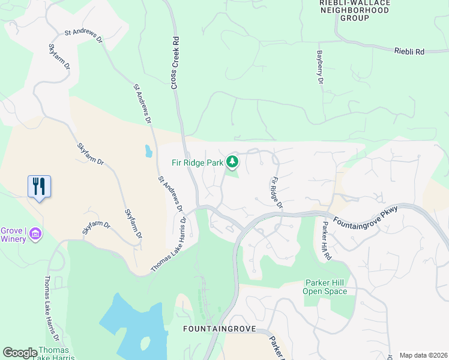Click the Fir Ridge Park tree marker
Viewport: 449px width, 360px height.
[232, 162]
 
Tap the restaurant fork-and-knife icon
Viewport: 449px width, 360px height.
[39, 186]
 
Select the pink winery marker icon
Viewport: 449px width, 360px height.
[35, 233]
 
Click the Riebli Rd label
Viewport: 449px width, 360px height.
[409, 52]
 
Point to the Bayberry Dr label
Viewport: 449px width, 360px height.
[320, 67]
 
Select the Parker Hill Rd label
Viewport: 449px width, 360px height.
[327, 241]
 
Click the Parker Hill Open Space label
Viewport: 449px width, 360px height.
[325, 287]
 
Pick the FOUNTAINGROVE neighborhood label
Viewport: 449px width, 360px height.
[219, 329]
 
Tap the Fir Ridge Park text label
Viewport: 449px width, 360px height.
[197, 162]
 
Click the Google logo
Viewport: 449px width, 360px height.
[20, 353]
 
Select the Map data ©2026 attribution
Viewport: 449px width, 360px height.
[423, 355]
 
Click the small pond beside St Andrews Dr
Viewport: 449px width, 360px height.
[148, 151]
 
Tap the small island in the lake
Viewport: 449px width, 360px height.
[144, 344]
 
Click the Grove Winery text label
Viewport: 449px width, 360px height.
[13, 235]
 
